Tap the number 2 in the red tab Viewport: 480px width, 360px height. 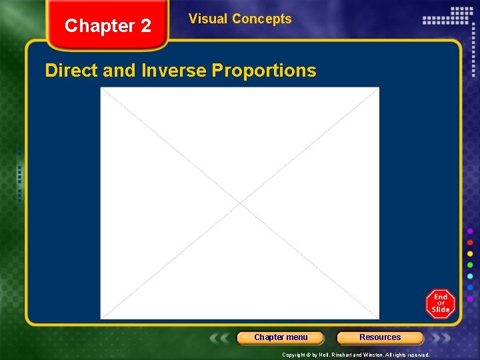[x=145, y=27]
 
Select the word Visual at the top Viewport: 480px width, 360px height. [x=207, y=19]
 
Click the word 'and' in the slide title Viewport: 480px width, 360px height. [x=120, y=71]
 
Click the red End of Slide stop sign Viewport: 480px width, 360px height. [x=440, y=304]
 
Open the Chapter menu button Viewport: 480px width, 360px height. [x=281, y=337]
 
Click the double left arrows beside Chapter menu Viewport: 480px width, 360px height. [x=221, y=338]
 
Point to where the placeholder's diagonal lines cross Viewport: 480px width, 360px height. [x=240, y=203]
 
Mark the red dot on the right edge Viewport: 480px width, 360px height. [x=470, y=243]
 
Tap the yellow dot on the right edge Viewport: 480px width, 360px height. [x=470, y=254]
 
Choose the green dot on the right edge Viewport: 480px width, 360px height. [x=470, y=265]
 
